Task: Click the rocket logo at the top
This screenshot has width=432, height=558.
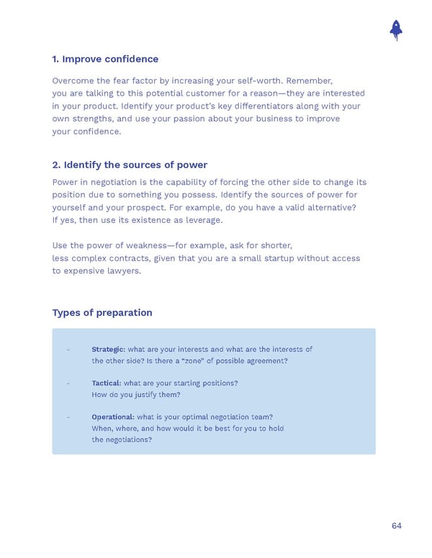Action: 395,29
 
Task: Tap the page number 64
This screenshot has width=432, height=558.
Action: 397,526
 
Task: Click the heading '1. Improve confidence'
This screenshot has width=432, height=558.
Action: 105,59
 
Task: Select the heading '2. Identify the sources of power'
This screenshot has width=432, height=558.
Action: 130,165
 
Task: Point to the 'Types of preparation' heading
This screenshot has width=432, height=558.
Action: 102,313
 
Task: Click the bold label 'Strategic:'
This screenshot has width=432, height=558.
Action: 108,349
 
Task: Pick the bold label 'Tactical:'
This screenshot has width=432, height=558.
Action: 106,383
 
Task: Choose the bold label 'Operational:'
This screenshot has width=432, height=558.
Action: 112,417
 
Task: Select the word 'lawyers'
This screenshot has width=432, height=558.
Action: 125,271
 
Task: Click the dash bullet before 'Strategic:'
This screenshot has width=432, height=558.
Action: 68,349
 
